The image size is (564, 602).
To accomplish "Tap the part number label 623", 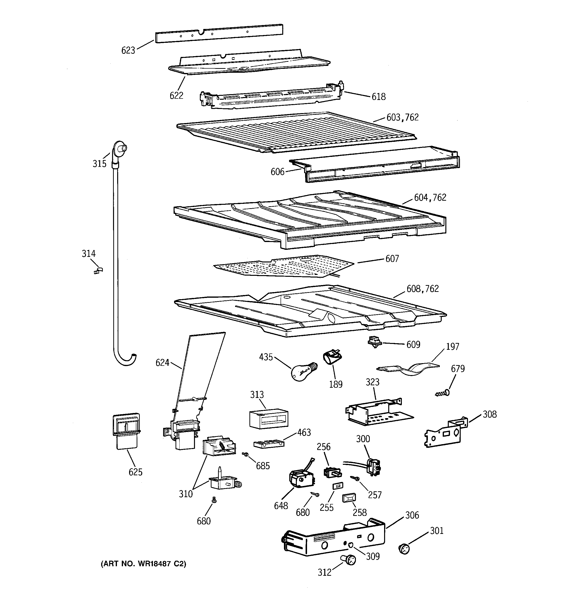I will [x=128, y=50].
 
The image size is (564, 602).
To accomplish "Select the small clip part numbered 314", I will [x=98, y=270].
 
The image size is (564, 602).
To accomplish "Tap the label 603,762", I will [x=402, y=117].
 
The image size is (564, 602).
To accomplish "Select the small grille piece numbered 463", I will [x=268, y=444].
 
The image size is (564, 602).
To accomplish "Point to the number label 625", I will [x=135, y=472].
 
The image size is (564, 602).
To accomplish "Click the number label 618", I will [x=379, y=97].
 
